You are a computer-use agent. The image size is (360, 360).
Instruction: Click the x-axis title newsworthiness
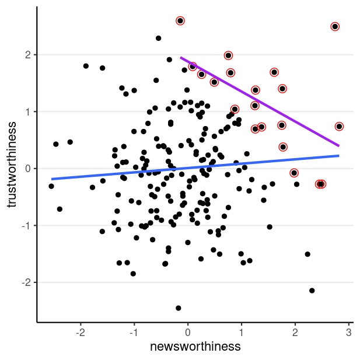(x=195, y=347)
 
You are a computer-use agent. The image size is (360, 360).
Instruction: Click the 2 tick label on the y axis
(x=27, y=55)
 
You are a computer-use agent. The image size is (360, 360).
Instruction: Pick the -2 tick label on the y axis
(x=25, y=282)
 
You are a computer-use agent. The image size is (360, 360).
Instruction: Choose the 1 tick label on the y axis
(x=27, y=111)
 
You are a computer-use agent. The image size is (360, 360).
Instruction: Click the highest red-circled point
(x=180, y=21)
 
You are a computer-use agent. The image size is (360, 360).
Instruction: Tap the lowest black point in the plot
(x=179, y=308)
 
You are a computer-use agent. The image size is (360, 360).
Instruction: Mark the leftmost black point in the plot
(x=51, y=186)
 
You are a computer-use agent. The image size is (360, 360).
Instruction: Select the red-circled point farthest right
(x=339, y=127)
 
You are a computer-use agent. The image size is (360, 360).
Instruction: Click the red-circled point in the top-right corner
(x=335, y=27)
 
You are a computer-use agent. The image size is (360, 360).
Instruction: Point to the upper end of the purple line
(x=181, y=58)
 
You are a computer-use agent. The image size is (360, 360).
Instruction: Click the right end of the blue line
(x=339, y=156)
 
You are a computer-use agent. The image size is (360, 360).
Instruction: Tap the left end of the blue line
(x=52, y=179)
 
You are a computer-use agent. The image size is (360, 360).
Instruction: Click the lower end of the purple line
(x=339, y=146)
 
